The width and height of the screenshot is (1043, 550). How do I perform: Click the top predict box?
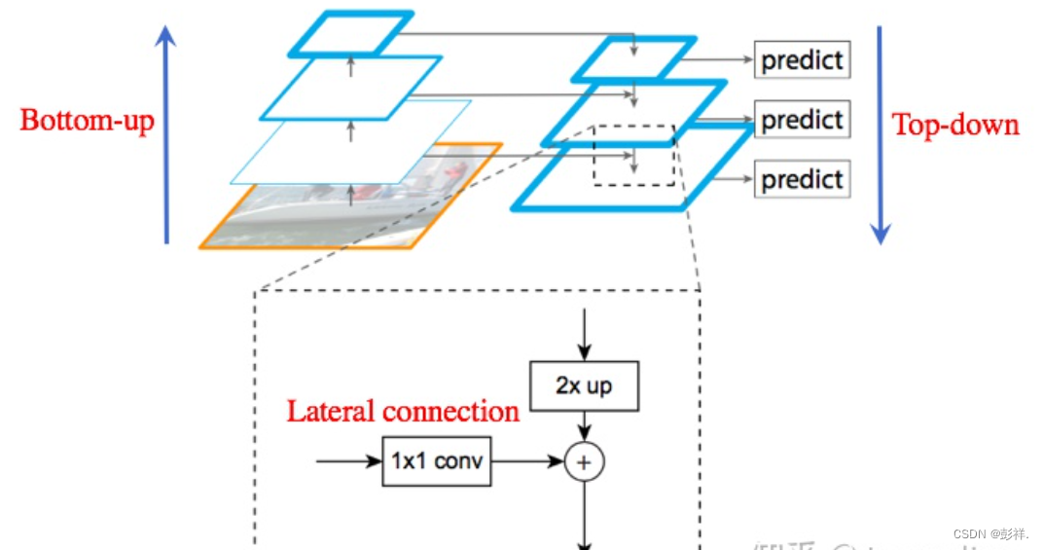802,60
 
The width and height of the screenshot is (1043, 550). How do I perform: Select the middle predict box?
802,120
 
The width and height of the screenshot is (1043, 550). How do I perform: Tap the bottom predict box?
802,179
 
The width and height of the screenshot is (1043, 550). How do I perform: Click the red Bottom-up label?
88,121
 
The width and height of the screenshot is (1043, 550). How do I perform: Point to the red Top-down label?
955,125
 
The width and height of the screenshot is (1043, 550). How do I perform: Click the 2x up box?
584,385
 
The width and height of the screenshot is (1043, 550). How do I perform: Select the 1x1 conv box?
437,460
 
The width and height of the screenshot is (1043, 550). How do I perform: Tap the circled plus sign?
584,462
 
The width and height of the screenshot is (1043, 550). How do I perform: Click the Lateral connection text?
402,411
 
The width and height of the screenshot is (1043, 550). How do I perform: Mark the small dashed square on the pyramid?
633,155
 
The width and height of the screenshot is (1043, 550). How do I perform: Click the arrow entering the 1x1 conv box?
349,460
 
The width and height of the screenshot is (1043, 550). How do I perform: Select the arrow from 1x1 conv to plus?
527,461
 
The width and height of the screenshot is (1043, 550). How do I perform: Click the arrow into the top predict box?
718,60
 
